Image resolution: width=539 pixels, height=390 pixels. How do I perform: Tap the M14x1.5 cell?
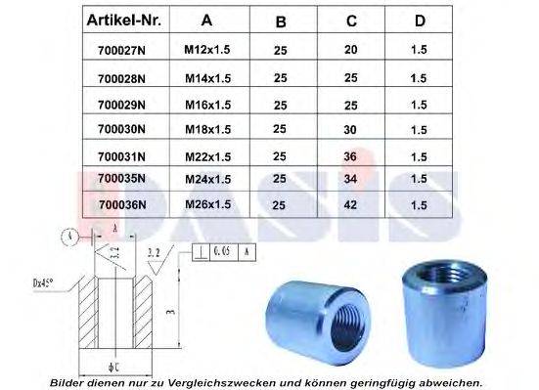[x=206, y=76]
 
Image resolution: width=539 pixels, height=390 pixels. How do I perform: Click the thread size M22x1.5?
[x=206, y=153]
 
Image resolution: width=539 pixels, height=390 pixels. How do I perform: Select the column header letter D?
[x=421, y=20]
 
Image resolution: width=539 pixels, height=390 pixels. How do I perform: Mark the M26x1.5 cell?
[x=206, y=204]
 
